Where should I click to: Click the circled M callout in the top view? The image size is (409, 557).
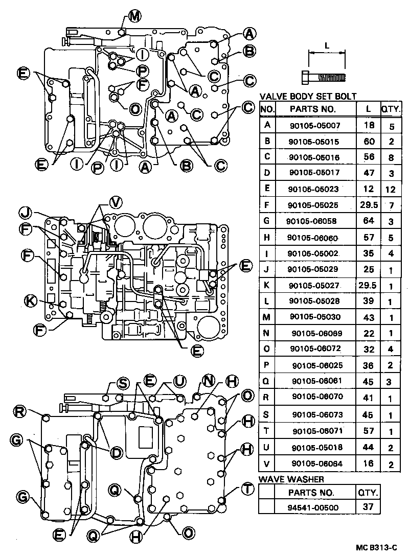point(134,16)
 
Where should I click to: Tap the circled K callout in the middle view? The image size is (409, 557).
point(32,302)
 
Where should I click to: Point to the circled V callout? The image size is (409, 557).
point(117,202)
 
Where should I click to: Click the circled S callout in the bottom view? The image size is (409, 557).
point(123,383)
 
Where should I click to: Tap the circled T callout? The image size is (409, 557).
point(247,489)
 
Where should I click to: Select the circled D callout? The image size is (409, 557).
point(116,453)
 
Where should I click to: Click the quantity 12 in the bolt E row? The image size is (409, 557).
point(390,189)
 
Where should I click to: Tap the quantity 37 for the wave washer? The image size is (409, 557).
point(368,507)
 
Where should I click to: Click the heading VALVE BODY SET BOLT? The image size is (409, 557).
point(308,97)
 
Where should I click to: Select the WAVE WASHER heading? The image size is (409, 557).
point(291,479)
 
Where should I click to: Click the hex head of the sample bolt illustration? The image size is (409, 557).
point(306,77)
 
